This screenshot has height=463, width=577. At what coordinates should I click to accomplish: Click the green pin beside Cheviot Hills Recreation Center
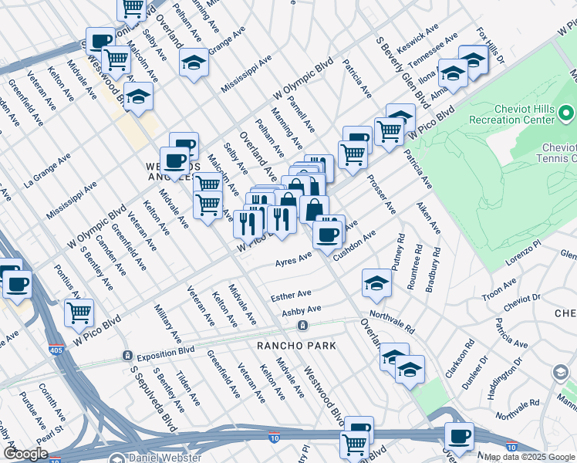(567, 115)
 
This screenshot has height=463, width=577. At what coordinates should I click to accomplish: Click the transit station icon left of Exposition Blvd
(127, 356)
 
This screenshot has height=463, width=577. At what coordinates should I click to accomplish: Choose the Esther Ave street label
(291, 295)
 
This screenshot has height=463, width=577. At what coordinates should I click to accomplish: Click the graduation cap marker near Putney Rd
(376, 283)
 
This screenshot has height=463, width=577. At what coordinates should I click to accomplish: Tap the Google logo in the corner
(25, 453)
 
